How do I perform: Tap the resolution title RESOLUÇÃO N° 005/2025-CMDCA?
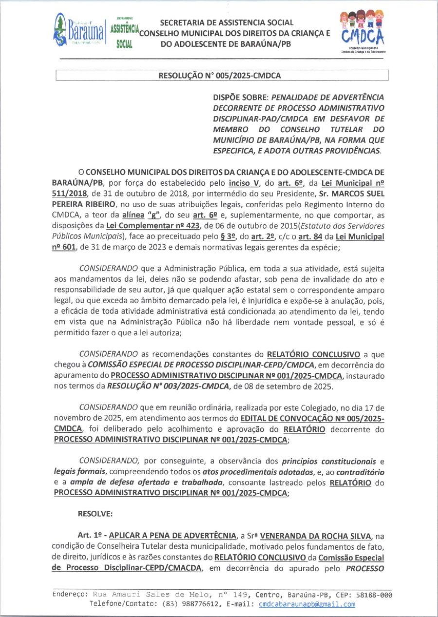pos(219,76)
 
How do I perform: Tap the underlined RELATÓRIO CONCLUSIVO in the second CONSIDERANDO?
pos(312,353)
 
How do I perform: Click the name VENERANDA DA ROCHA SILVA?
pos(310,535)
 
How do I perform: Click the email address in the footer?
pos(307,604)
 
